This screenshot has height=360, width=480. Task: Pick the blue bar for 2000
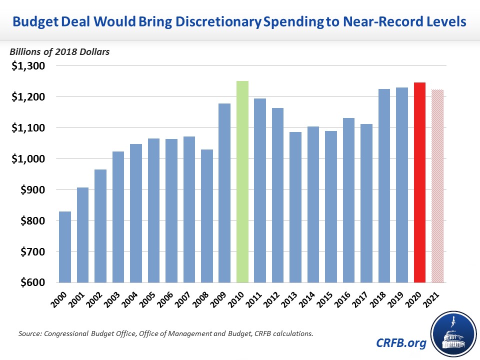[x=65, y=247]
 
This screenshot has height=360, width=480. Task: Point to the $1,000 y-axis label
[x=28, y=159]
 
